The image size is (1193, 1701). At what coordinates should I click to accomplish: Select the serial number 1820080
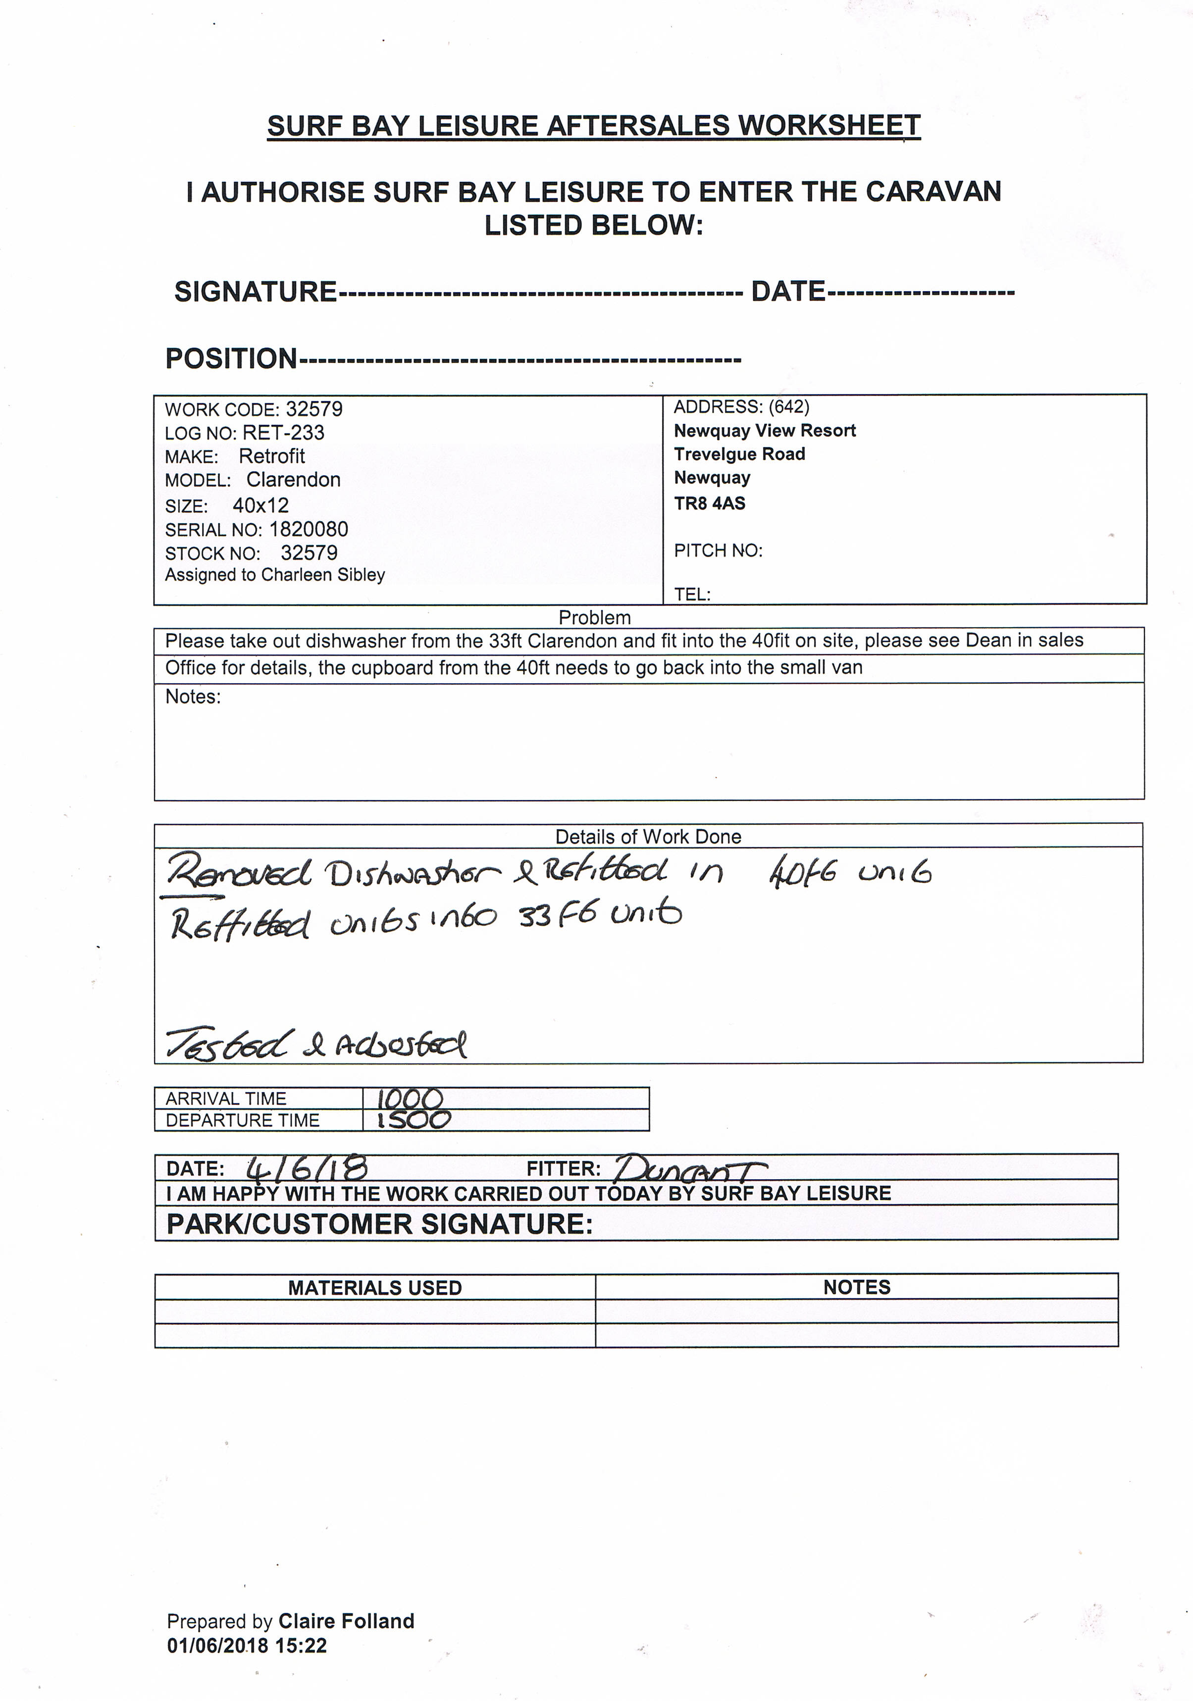pyautogui.click(x=308, y=529)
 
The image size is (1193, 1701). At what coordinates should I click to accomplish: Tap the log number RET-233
pyautogui.click(x=283, y=433)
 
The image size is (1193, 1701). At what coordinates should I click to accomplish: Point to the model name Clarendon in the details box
pyautogui.click(x=294, y=480)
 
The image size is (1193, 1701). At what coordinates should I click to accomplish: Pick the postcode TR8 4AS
pyautogui.click(x=709, y=503)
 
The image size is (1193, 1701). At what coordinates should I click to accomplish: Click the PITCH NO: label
pyautogui.click(x=717, y=550)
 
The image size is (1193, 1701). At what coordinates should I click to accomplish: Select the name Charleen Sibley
pyautogui.click(x=323, y=575)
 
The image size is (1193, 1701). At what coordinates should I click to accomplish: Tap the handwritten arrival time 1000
pyautogui.click(x=410, y=1098)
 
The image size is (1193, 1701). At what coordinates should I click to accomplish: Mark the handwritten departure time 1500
pyautogui.click(x=414, y=1119)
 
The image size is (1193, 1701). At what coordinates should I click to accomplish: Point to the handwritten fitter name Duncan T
pyautogui.click(x=689, y=1168)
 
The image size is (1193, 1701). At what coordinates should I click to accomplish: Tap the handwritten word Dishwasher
pyautogui.click(x=414, y=874)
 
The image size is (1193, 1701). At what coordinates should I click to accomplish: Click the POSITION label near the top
pyautogui.click(x=230, y=358)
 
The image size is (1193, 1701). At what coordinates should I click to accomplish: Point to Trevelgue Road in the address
pyautogui.click(x=739, y=454)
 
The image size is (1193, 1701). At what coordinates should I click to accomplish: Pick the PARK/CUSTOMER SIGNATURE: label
pyautogui.click(x=379, y=1224)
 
